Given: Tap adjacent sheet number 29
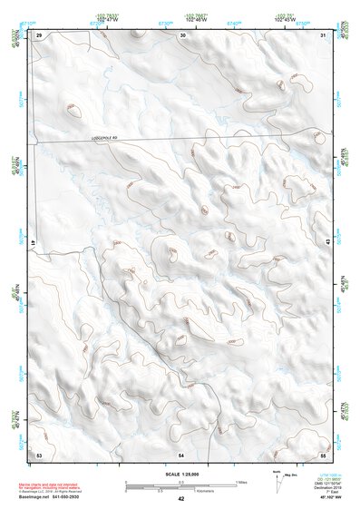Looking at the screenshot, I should click(39, 34).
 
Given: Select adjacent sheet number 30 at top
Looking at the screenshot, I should click(183, 34).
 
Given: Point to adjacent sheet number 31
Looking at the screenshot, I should click(324, 34).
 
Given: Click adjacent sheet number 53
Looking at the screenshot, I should click(39, 453).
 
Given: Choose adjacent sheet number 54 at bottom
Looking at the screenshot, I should click(181, 453).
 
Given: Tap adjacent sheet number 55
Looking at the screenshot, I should click(323, 453).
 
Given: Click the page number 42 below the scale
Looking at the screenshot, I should click(180, 499).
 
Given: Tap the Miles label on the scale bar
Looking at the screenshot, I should click(240, 481).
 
